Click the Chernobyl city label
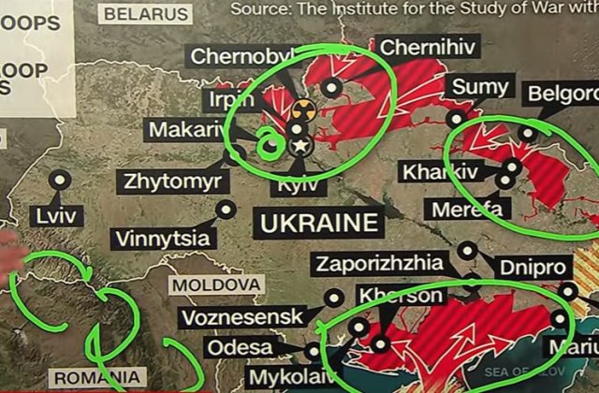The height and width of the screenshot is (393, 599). point(235,56)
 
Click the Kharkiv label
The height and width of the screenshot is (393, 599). point(439,172)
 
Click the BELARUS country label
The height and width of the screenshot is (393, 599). point(145,13)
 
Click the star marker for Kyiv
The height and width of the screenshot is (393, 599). point(299,145)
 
